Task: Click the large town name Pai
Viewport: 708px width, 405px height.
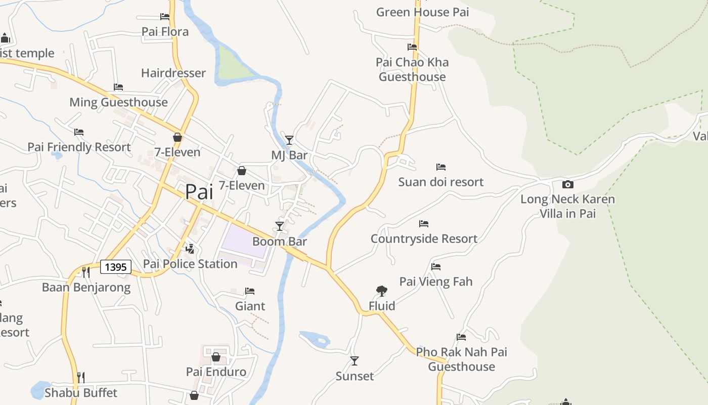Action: [199, 192]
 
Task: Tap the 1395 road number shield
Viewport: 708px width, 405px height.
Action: [116, 267]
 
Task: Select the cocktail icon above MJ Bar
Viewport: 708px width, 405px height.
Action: [289, 140]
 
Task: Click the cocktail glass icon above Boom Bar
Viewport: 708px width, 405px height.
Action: [279, 226]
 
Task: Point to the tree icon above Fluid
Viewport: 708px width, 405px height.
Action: [382, 291]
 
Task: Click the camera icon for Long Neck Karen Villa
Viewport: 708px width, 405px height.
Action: [567, 184]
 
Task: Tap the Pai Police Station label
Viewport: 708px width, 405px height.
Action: [190, 264]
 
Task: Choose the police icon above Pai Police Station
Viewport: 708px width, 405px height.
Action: [190, 249]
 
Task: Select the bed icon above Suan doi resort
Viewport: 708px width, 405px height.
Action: [441, 167]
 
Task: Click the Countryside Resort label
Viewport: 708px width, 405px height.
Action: [424, 239]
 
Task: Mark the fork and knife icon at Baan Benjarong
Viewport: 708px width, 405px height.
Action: [86, 272]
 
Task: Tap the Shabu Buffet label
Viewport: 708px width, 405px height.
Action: [81, 393]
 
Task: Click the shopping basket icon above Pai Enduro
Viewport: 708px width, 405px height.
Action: [216, 357]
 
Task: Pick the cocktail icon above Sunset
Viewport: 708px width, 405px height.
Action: [355, 361]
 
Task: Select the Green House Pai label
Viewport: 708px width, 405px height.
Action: [422, 12]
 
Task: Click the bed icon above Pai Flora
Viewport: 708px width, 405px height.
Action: [165, 17]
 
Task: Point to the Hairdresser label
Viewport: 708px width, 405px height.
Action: [173, 73]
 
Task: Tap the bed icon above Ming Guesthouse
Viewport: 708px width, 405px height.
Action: [118, 87]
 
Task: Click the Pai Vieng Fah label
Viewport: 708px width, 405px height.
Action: [436, 281]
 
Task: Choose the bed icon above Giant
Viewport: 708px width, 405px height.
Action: [250, 291]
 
